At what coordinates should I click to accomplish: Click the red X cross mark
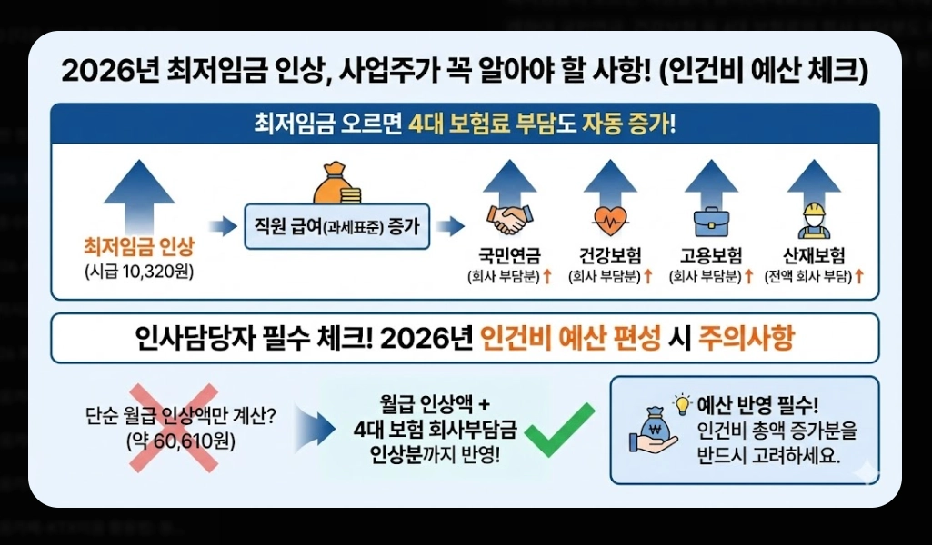click(174, 427)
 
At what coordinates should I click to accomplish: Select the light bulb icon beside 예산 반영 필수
click(681, 402)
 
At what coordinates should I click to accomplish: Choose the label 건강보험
click(610, 254)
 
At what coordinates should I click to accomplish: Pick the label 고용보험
click(711, 254)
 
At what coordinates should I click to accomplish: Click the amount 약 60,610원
click(173, 443)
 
